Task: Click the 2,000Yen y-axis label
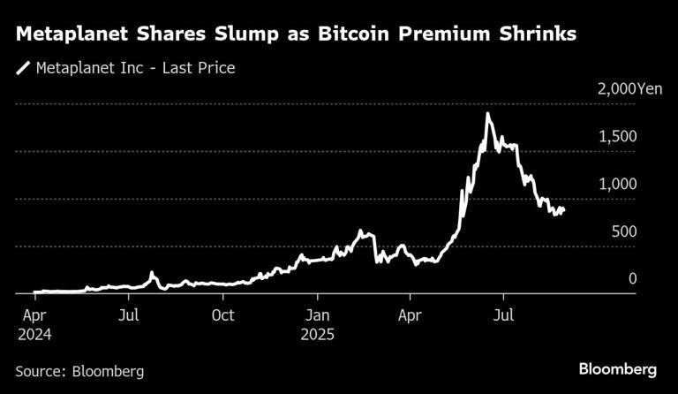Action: click(x=629, y=89)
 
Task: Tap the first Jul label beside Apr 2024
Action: click(x=129, y=314)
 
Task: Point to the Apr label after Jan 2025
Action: click(x=409, y=314)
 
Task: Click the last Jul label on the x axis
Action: click(x=502, y=314)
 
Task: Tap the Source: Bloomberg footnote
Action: click(x=79, y=371)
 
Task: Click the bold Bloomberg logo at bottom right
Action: click(x=617, y=368)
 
